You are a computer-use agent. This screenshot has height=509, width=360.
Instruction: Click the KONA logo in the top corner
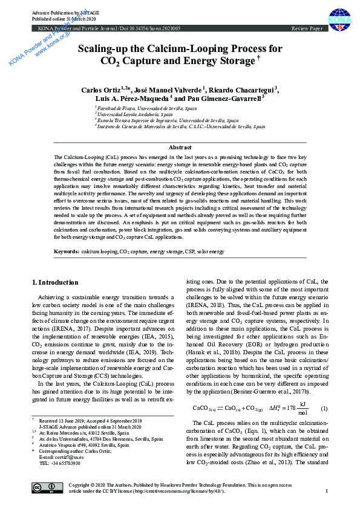[339, 19]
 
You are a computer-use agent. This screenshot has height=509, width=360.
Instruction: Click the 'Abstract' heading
[180, 148]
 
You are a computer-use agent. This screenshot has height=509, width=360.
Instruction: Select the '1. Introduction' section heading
[54, 282]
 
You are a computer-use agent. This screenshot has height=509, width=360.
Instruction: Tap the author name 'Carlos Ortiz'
[100, 89]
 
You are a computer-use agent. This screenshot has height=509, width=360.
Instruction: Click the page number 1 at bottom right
[327, 491]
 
